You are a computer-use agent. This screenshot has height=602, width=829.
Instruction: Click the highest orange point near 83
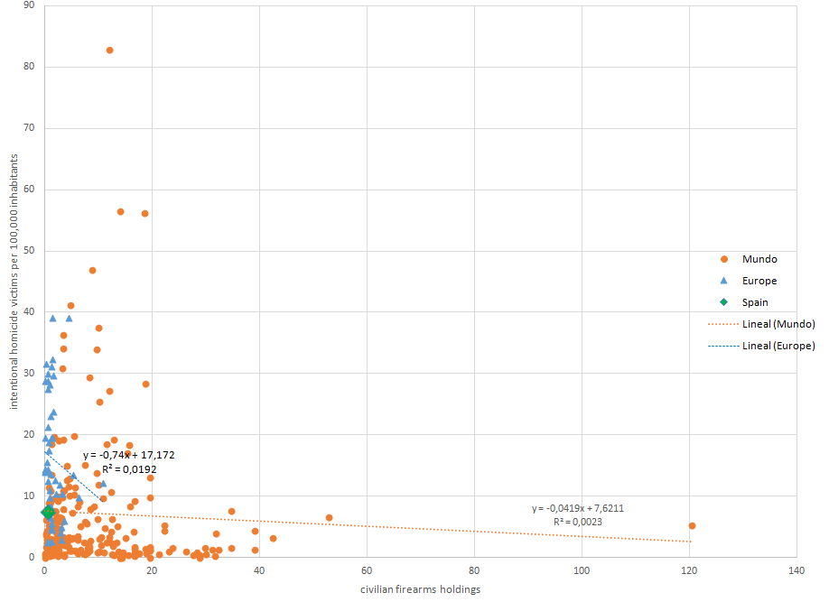pos(109,51)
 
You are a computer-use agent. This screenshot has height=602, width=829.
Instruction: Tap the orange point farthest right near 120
pos(692,525)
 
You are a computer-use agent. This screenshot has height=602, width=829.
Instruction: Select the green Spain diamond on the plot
pos(48,512)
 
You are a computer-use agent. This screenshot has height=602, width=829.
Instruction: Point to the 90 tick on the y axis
pos(29,5)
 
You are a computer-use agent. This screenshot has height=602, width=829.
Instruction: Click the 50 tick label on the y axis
pos(29,251)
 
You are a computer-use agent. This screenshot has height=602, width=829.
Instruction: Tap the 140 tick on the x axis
pos(796,571)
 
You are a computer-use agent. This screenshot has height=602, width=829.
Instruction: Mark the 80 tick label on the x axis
pos(474,571)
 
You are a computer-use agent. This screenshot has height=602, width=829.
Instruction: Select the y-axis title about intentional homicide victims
pos(15,281)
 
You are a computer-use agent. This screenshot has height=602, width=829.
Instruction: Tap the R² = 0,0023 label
pos(578,522)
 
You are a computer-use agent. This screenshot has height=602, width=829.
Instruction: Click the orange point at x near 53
pos(329,518)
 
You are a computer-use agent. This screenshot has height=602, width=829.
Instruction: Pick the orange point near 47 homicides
pos(92,270)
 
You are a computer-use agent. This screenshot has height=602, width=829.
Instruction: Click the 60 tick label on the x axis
pos(367,571)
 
